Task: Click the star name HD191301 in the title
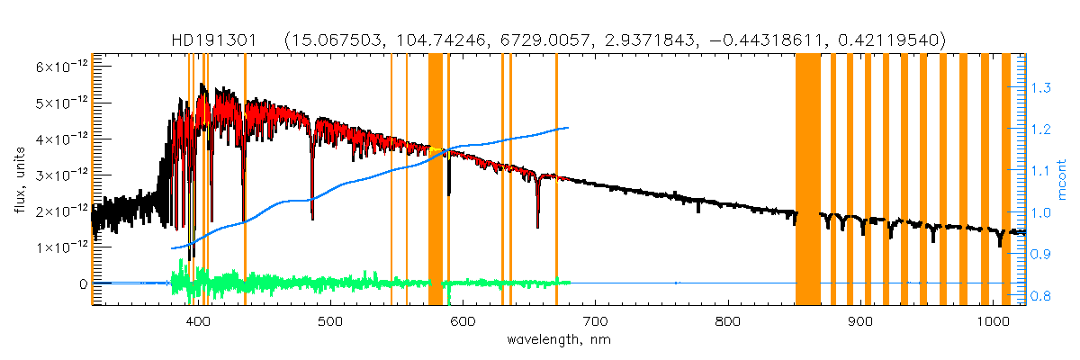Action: coord(215,40)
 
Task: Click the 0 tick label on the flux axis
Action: coord(82,283)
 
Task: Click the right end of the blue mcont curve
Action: coord(568,128)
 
